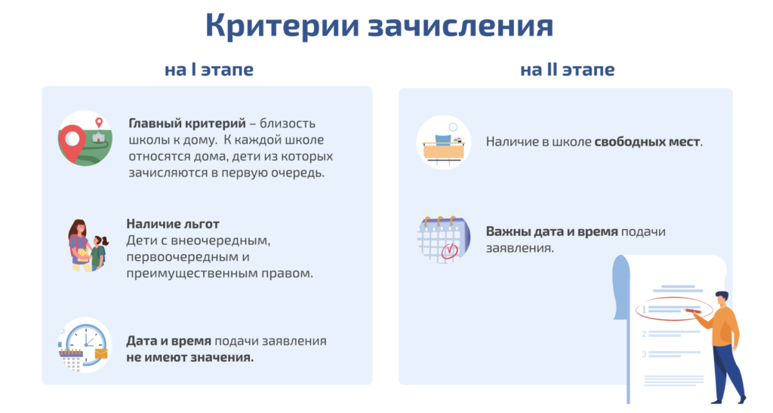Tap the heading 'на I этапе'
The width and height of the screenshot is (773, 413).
pos(209,70)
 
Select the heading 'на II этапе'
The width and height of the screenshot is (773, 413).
pos(568,70)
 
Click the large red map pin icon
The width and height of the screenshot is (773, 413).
pos(72,142)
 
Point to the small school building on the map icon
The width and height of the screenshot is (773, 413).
pos(99,136)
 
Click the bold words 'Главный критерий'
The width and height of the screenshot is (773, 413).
pos(187,124)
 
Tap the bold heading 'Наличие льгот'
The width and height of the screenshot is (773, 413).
pos(173,224)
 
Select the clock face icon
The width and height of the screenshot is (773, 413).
pos(86,343)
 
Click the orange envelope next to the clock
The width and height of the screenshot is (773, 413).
pos(100,353)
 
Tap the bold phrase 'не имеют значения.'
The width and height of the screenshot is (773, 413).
pos(189,357)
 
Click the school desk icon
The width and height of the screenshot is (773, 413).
pos(444,147)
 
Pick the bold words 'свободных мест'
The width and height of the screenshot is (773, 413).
pos(647,142)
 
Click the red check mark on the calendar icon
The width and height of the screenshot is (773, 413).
pos(449,250)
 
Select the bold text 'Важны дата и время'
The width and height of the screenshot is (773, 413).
pos(552,231)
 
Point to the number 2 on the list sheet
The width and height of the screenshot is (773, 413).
pos(644,334)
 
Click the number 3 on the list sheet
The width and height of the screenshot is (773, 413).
pos(644,354)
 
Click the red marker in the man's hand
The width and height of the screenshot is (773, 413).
pos(692,311)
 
